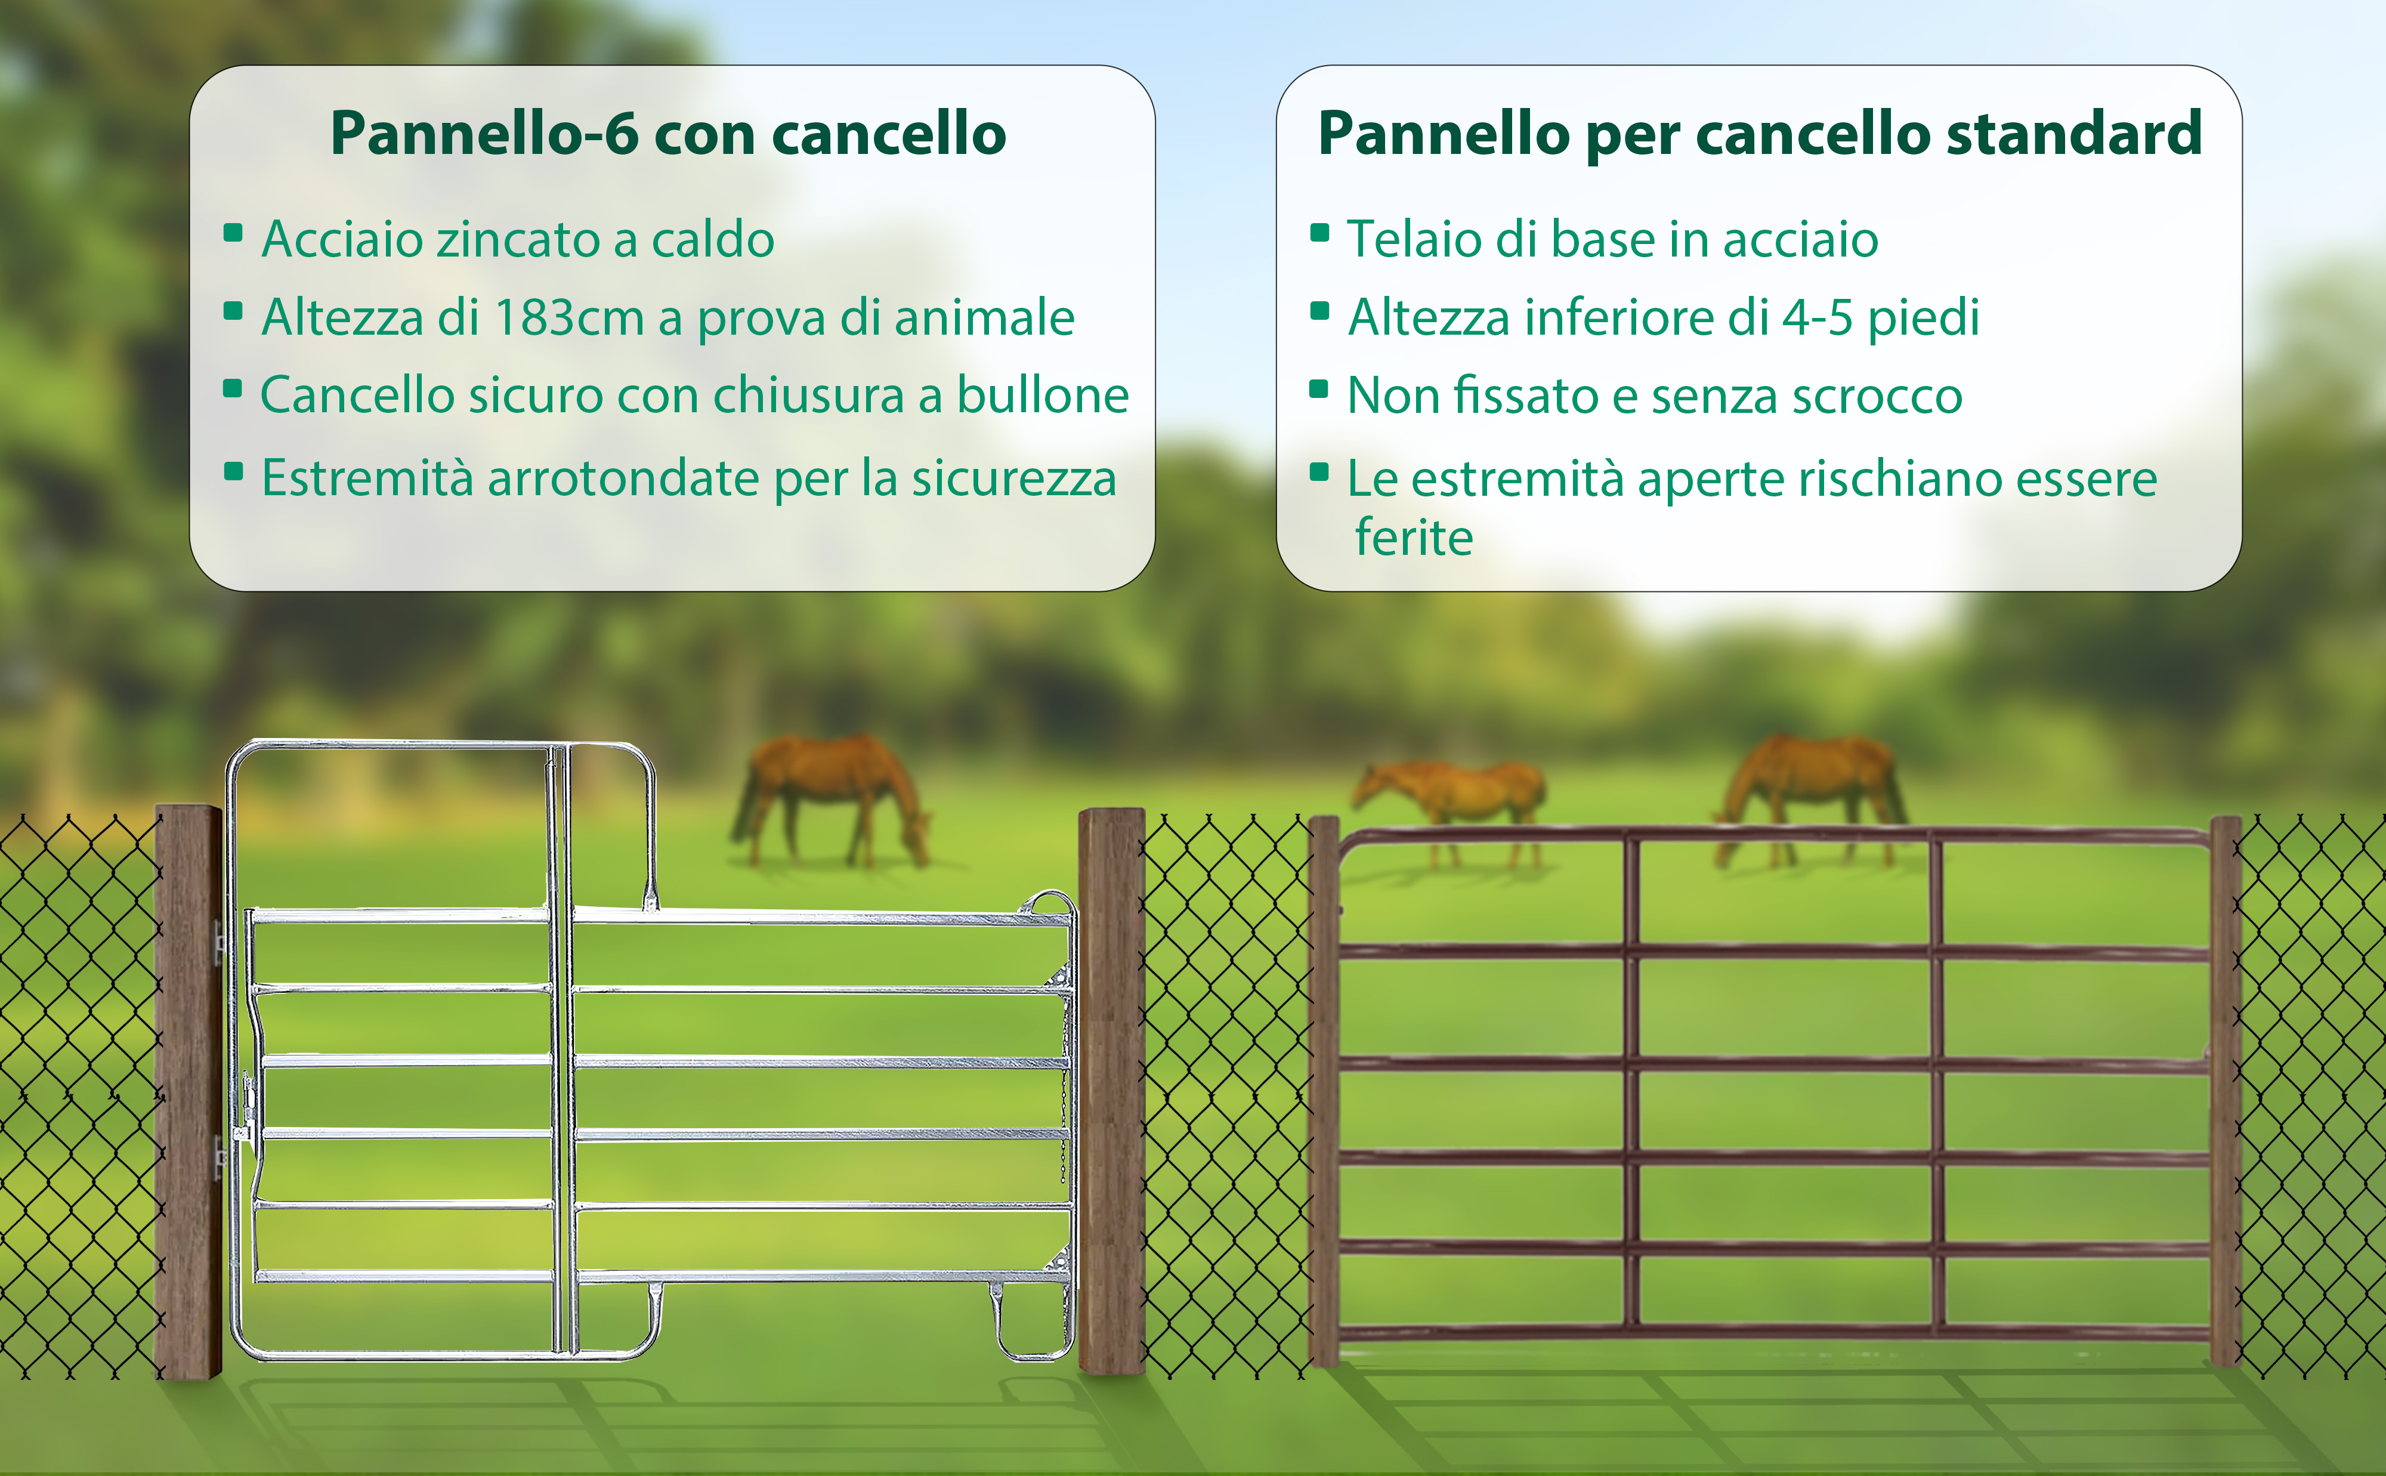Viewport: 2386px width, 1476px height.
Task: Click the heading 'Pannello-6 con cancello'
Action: pyautogui.click(x=669, y=133)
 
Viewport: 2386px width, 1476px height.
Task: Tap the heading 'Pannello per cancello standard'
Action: pyautogui.click(x=1760, y=133)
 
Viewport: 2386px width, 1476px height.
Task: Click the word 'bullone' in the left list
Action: pyautogui.click(x=1042, y=396)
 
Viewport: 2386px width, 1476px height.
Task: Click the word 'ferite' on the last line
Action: pyautogui.click(x=1414, y=537)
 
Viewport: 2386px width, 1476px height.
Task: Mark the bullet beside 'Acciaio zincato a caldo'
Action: pyautogui.click(x=233, y=232)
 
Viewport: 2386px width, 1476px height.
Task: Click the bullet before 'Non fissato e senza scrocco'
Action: pyautogui.click(x=1318, y=388)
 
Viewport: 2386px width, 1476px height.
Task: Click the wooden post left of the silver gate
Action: pyautogui.click(x=188, y=1091)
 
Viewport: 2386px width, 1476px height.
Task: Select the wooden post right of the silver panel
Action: pyautogui.click(x=1111, y=1091)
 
